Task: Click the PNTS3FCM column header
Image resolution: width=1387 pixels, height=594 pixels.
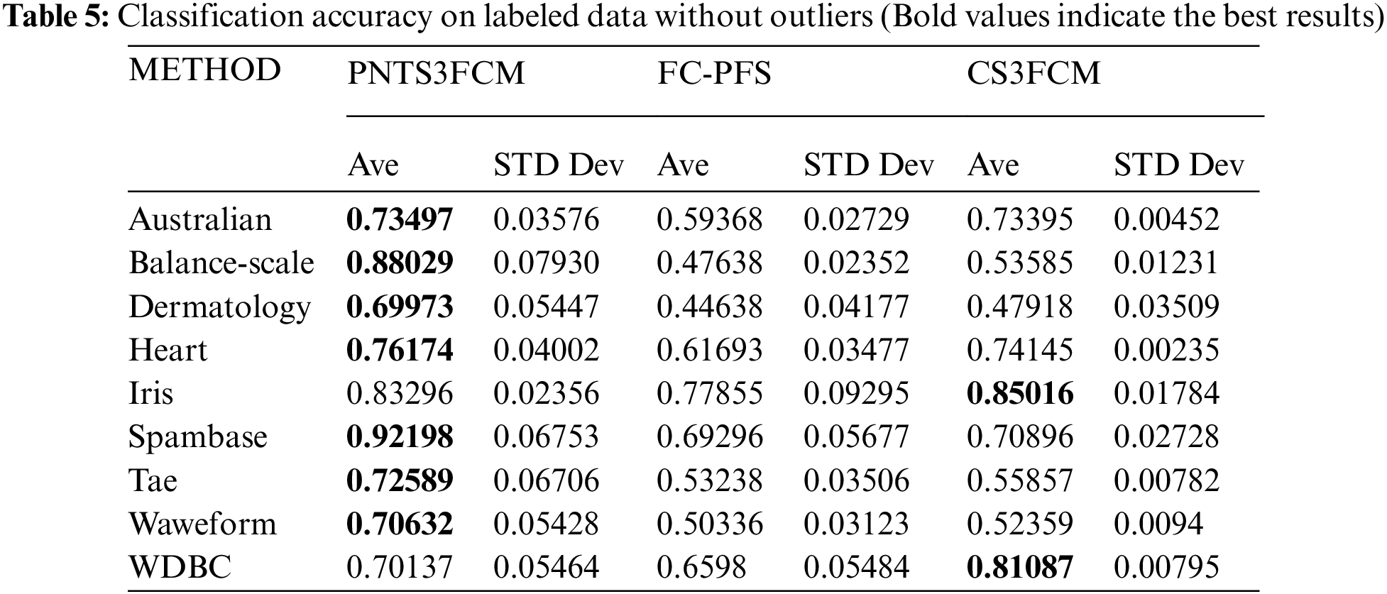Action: (435, 73)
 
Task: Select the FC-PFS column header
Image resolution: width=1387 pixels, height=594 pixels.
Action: (713, 73)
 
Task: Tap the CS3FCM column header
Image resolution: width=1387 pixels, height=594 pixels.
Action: (1033, 73)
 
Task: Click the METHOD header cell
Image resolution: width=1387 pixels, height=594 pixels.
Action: (204, 70)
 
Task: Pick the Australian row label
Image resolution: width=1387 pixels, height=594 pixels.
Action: (200, 219)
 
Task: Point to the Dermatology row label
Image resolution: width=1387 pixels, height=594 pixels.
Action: (219, 307)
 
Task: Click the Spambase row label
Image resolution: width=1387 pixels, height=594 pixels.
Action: (197, 436)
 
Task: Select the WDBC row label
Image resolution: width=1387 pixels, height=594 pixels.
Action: (180, 567)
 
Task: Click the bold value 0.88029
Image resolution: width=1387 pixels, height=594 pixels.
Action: (400, 263)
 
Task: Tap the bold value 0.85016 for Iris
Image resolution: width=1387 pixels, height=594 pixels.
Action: (1020, 393)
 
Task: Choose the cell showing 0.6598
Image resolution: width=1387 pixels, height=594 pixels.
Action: (701, 567)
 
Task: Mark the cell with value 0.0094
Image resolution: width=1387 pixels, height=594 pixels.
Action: (1158, 524)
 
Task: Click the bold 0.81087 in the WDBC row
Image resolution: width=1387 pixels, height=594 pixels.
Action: (1020, 567)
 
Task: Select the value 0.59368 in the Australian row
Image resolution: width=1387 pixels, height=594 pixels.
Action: (709, 219)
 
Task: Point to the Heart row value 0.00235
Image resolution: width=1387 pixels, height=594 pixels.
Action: (1166, 350)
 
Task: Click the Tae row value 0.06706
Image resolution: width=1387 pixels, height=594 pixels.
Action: (546, 480)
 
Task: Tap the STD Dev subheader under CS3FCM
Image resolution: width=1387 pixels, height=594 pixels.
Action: (1178, 165)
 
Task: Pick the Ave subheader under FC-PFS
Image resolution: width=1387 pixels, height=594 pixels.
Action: (683, 165)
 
